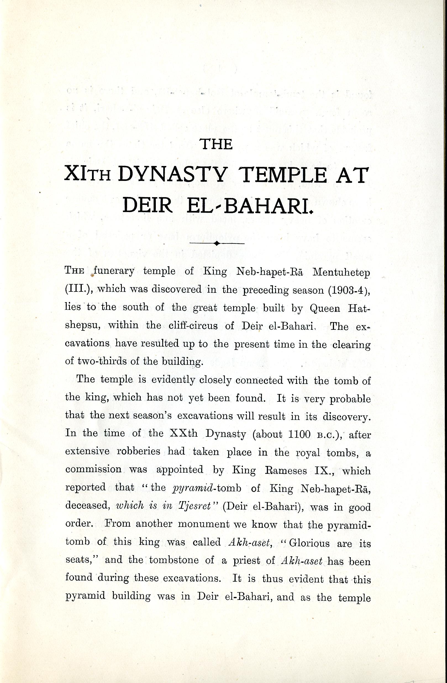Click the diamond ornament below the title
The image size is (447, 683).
click(x=217, y=243)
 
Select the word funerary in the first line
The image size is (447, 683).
click(x=114, y=271)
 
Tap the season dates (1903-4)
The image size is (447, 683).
click(x=349, y=290)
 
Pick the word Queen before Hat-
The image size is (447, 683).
click(x=325, y=308)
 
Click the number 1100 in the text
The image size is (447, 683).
click(x=299, y=435)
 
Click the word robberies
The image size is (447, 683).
click(x=138, y=451)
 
